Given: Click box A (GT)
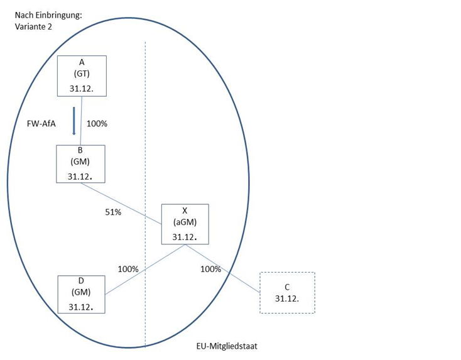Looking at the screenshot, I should coord(82,75).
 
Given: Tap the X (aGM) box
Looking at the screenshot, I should coord(184,224).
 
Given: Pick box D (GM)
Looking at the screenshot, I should coord(82,293).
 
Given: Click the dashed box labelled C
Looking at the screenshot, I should coord(286,292).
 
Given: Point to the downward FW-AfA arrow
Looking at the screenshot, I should coord(74,121).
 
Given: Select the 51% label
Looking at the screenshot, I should coord(113,212).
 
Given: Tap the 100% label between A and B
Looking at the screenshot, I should coord(97,124).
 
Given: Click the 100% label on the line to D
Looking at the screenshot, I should coord(128,269).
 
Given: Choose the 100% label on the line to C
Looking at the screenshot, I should coord(210,269).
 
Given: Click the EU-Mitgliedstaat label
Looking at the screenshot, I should coord(227,346).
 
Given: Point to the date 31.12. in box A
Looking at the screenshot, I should coord(82,88).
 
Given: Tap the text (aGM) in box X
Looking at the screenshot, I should coord(184,223).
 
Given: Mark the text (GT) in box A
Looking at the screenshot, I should coord(82,74).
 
